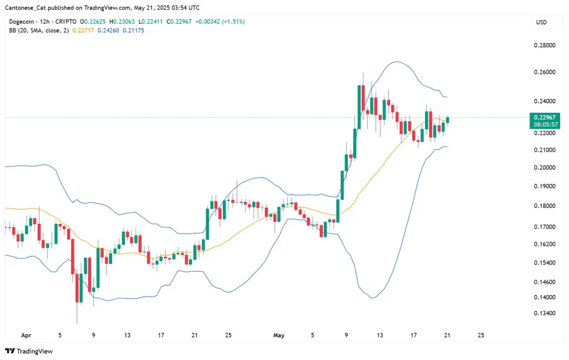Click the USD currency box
(541, 22)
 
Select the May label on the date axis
(279, 336)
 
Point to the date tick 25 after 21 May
(481, 336)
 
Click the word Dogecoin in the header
(23, 22)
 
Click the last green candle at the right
(448, 119)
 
